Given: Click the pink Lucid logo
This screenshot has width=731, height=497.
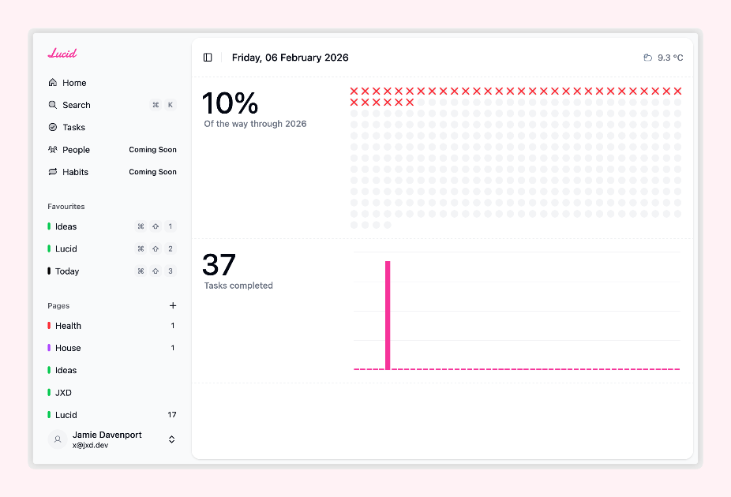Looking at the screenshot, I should (x=62, y=54).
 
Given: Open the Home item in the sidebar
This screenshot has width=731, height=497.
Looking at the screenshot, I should (x=74, y=83).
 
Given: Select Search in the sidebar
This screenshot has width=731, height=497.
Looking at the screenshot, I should (x=77, y=105).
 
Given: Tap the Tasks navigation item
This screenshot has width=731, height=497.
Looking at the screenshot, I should (x=73, y=127).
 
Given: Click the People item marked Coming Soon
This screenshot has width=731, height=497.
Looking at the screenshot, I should (x=76, y=150).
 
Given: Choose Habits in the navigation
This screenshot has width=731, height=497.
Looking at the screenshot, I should (x=75, y=172).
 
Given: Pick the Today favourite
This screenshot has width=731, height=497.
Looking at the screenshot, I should (x=67, y=271).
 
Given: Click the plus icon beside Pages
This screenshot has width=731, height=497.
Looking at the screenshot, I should (x=173, y=305).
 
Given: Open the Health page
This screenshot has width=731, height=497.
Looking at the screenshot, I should (x=68, y=326).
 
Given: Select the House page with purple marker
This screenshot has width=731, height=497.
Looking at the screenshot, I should (x=68, y=348).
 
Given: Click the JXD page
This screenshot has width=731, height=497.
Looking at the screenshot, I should (x=63, y=392).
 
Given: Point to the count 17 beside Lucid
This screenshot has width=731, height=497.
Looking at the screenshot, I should (x=172, y=415).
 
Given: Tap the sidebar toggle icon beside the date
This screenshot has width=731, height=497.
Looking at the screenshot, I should (x=208, y=58).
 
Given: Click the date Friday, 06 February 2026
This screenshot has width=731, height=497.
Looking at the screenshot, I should (x=290, y=58).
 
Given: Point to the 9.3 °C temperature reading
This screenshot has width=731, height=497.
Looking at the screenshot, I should (x=669, y=58).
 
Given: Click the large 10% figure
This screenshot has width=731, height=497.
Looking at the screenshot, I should (x=230, y=103).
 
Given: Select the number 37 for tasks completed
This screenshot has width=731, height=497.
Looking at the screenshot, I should (x=219, y=265).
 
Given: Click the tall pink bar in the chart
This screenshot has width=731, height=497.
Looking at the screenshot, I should (x=388, y=315).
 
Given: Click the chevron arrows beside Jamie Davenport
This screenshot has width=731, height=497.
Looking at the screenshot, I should (x=172, y=439).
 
